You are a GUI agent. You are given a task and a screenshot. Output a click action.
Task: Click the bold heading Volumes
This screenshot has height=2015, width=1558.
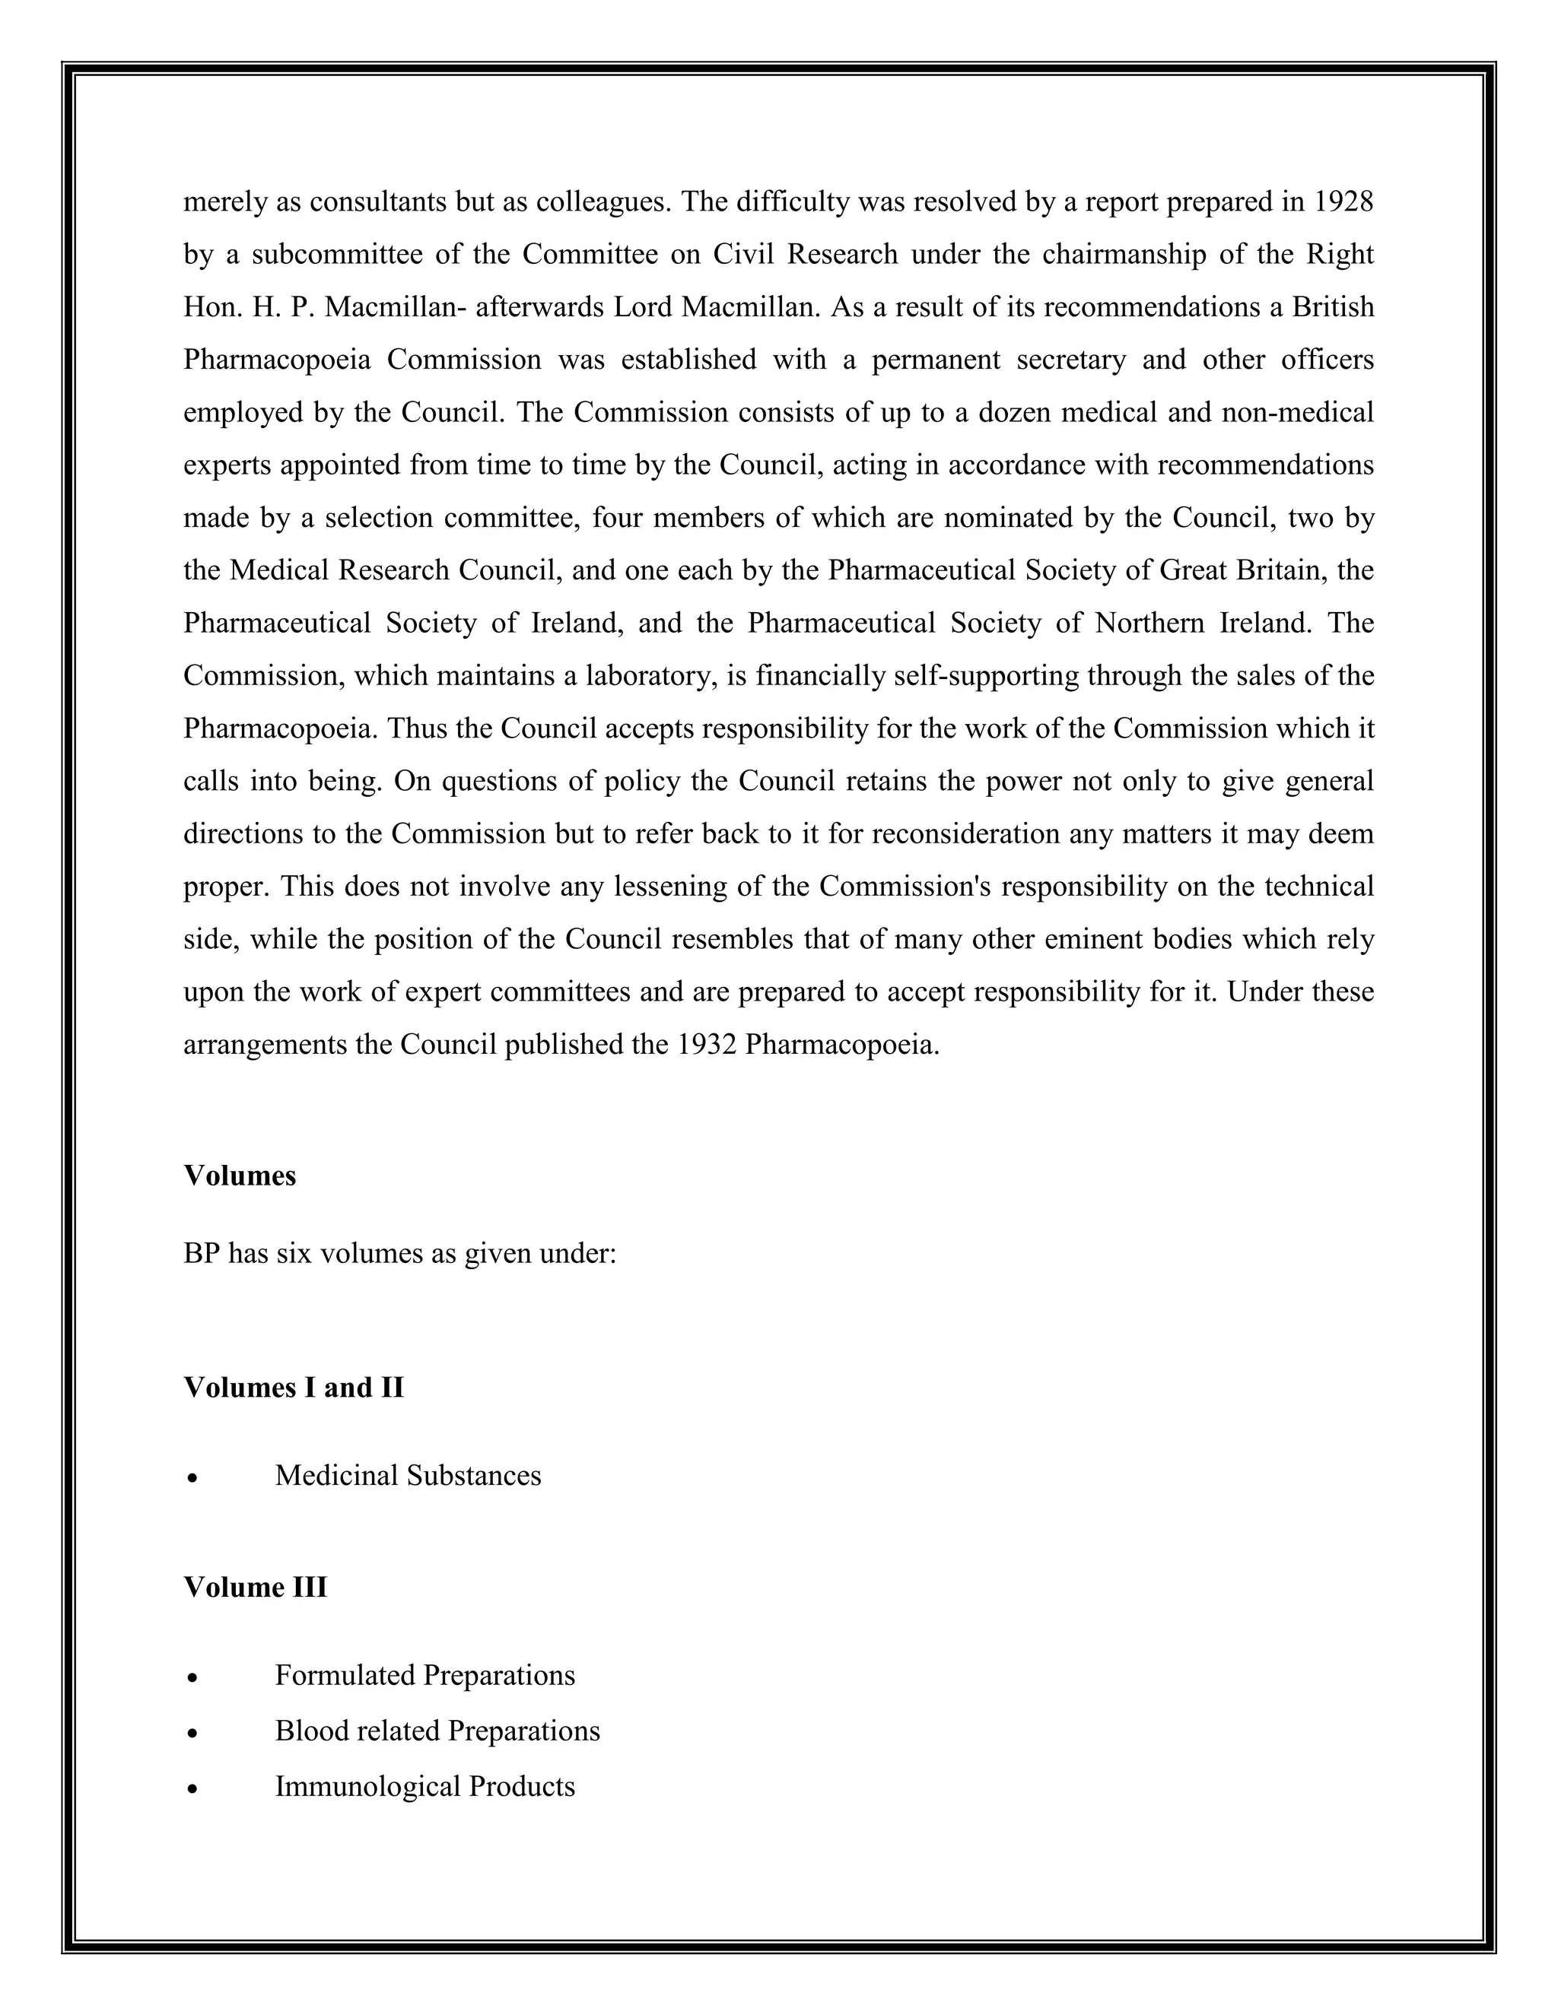pyautogui.click(x=240, y=1176)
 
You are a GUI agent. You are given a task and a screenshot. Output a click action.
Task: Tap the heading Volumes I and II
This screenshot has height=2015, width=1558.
pyautogui.click(x=294, y=1388)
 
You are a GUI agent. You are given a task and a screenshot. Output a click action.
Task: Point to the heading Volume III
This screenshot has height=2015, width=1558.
pyautogui.click(x=255, y=1587)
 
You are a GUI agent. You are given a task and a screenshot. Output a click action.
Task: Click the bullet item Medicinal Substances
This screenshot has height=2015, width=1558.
pyautogui.click(x=408, y=1475)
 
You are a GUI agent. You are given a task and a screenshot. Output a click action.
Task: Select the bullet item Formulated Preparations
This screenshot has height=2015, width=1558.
pyautogui.click(x=424, y=1674)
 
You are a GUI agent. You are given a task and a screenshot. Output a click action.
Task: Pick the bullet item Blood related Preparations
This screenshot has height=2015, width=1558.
pyautogui.click(x=437, y=1730)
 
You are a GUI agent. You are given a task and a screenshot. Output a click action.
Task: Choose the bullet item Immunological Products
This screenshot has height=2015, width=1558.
pyautogui.click(x=424, y=1786)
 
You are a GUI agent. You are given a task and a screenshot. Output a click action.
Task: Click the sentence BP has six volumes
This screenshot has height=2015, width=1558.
pyautogui.click(x=399, y=1254)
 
